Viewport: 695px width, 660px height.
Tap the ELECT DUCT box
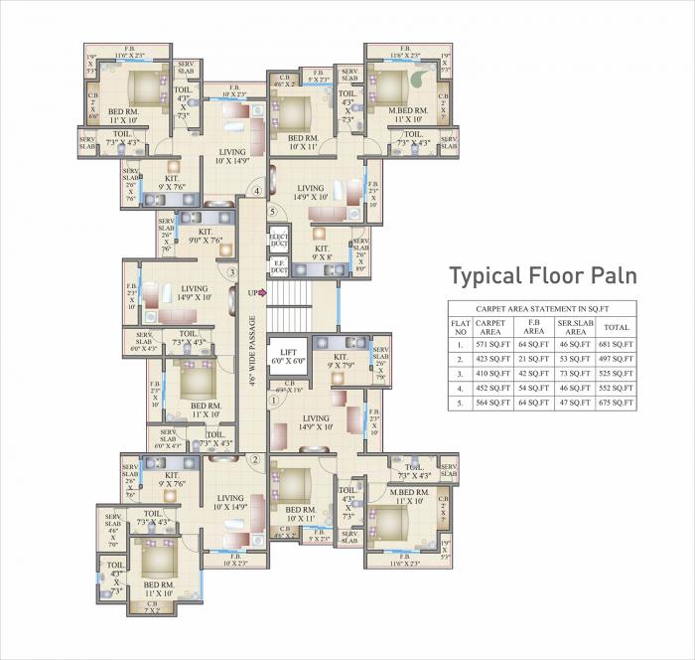279,241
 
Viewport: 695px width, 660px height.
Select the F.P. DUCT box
279,266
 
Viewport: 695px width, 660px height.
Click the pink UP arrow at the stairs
257,292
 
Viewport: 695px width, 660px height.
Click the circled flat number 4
255,191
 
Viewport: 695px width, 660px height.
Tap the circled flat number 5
272,211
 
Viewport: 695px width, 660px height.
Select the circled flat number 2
255,459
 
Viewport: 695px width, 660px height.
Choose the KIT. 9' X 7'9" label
341,361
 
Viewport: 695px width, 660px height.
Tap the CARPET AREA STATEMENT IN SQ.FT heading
542,309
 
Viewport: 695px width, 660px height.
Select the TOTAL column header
618,327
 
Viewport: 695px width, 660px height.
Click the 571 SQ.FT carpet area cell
490,343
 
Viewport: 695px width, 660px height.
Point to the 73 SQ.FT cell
577,375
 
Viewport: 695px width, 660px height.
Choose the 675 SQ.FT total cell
618,406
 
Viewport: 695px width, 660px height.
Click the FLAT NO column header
460,327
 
